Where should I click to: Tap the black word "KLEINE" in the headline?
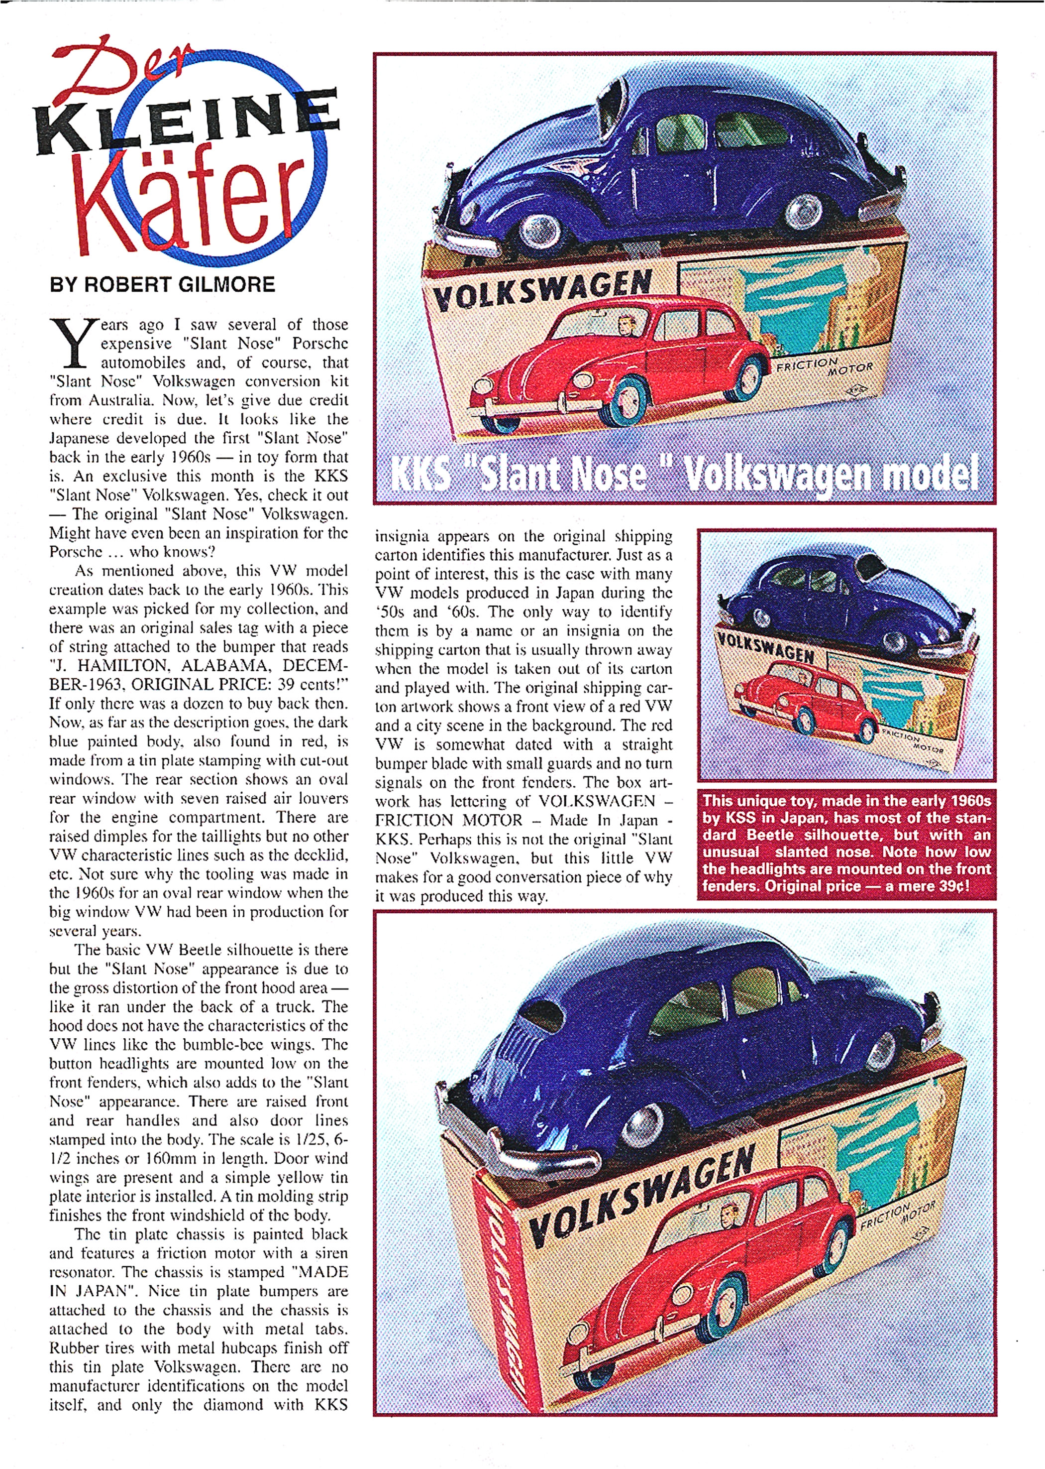point(187,119)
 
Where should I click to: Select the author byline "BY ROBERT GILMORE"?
point(162,284)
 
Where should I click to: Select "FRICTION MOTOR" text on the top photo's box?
point(825,367)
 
